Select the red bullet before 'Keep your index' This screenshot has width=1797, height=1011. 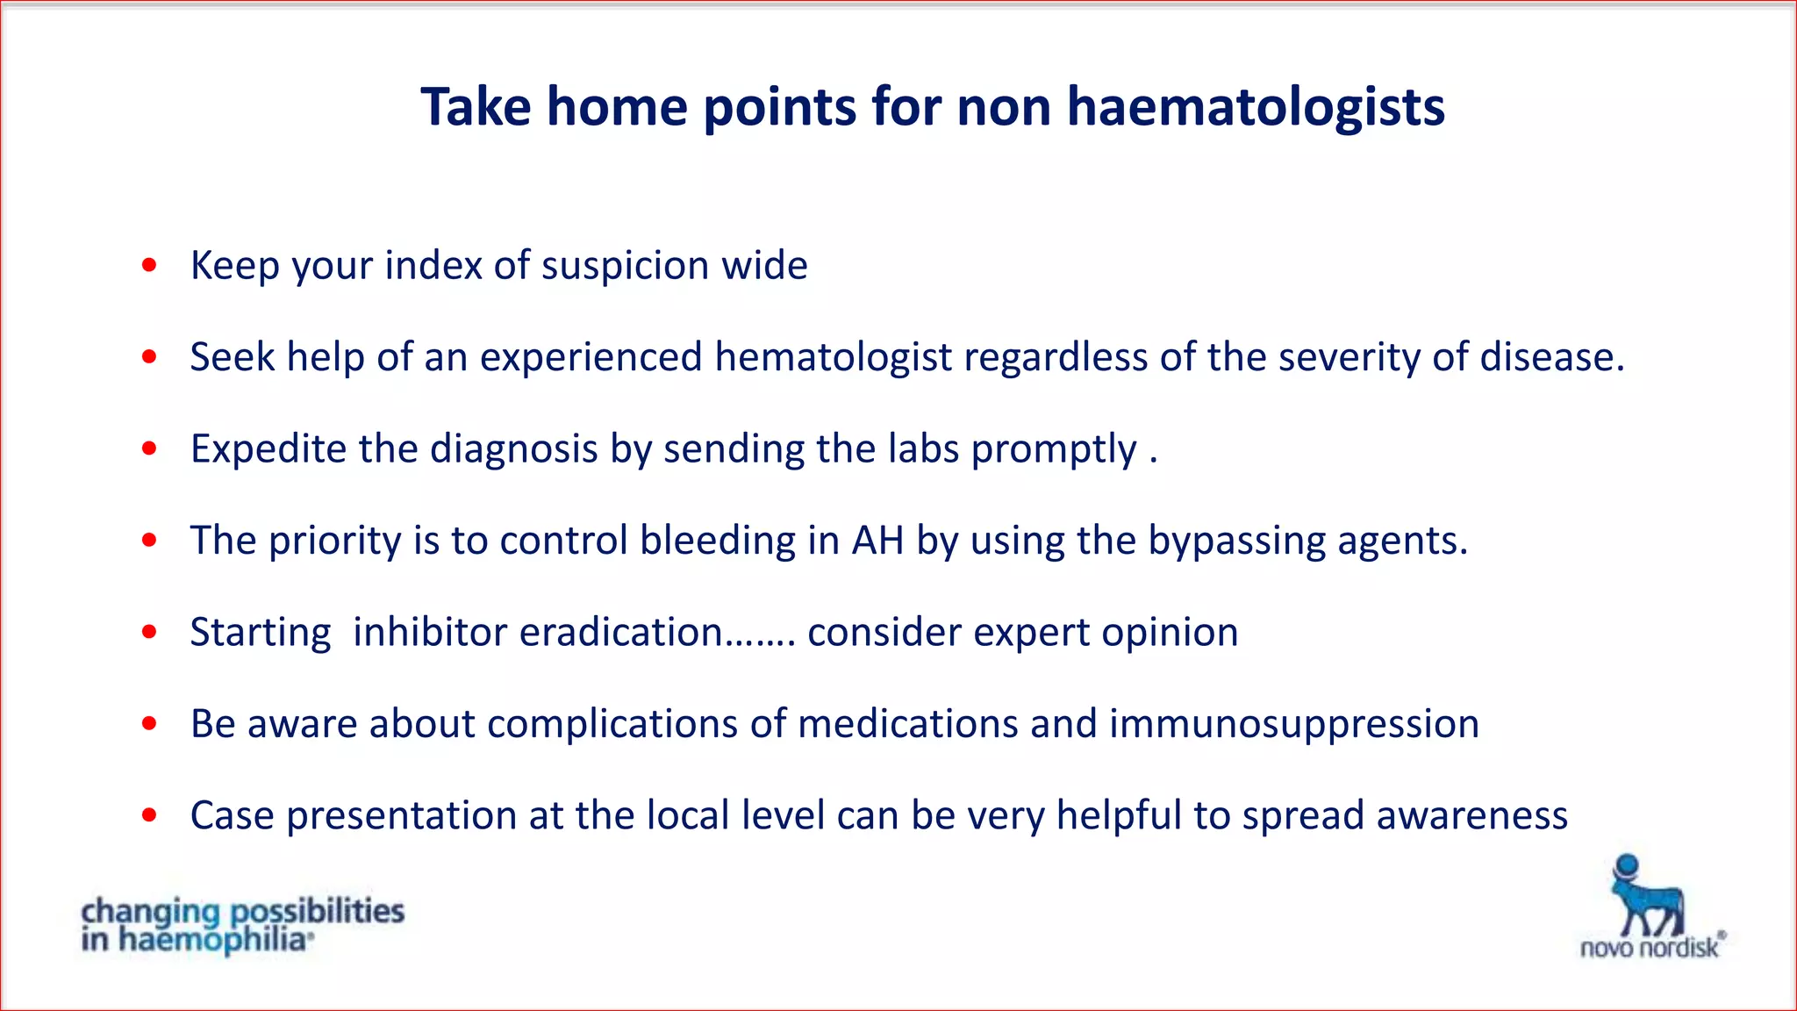click(149, 264)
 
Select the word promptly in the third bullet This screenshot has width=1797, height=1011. click(1053, 450)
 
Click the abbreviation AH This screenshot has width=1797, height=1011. click(877, 541)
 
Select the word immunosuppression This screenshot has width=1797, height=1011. click(1293, 725)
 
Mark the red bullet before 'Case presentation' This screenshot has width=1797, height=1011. click(149, 815)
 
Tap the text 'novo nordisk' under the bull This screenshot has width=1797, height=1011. click(1650, 948)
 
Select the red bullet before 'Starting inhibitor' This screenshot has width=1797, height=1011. click(149, 632)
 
